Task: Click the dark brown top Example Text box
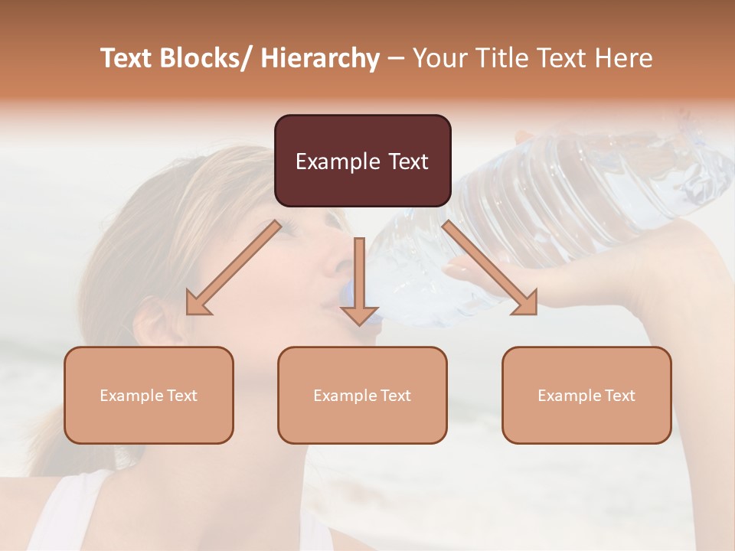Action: click(x=362, y=161)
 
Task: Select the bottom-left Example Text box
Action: click(x=149, y=395)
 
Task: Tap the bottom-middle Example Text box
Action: click(x=362, y=395)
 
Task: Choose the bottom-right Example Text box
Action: click(x=586, y=395)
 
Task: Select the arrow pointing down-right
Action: click(x=490, y=268)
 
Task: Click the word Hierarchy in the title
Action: click(x=320, y=58)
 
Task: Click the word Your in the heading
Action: click(x=438, y=58)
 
